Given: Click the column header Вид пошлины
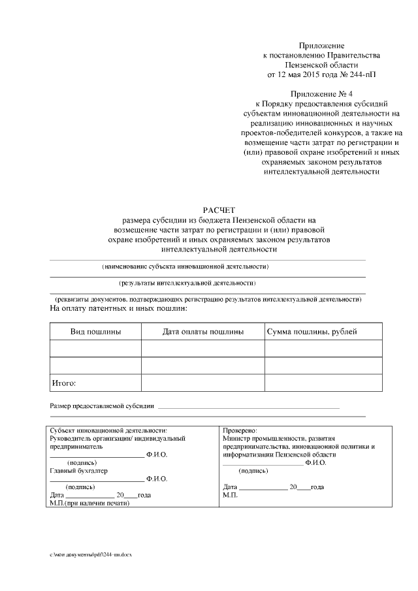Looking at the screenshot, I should point(95,332).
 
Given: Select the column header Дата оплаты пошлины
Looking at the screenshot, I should point(203,332).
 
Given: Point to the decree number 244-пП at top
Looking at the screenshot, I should point(360,75).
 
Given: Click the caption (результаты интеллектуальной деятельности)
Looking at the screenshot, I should point(187,283).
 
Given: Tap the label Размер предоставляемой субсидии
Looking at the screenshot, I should point(102,406).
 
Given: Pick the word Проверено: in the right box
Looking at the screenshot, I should point(240,431).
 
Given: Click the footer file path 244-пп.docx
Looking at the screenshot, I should point(95,554).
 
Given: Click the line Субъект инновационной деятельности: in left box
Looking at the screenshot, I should point(108,431).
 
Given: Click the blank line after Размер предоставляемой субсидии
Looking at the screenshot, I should point(248,407).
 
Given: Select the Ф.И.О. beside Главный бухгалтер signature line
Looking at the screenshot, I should point(157,479).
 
